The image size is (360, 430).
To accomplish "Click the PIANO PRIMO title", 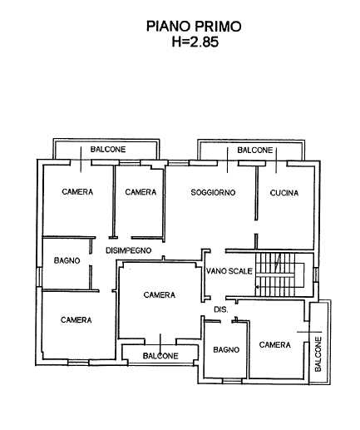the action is point(194,27).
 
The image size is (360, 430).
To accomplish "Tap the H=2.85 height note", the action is point(195,42).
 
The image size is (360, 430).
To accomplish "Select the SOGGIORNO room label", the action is point(213,192).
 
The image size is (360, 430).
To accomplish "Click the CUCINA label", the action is point(284,193).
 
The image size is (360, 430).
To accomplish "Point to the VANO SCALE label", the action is point(229,271).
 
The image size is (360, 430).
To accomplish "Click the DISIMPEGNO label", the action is point(129,250).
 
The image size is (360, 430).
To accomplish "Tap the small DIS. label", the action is point(221,309).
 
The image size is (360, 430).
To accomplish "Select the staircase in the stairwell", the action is point(280,274).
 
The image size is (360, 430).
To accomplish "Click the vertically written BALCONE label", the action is point(318,354).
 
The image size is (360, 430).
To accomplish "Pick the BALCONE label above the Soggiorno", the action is point(255,151).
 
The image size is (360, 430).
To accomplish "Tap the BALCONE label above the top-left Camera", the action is point(108,150).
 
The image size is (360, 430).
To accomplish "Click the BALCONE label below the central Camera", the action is point(160,356).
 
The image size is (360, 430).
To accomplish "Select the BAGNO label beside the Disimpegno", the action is point(67,260).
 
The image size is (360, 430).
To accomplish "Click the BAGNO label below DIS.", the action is point(226,350).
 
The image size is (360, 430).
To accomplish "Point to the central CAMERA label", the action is point(160,295).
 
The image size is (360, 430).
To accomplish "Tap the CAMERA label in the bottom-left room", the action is point(76,320).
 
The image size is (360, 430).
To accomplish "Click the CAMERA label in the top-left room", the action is point(77,192).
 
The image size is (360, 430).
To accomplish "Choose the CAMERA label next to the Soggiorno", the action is point(141,192).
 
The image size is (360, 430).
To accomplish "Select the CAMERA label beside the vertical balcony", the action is point(275,345).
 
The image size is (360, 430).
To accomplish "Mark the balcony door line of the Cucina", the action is point(276,161).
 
